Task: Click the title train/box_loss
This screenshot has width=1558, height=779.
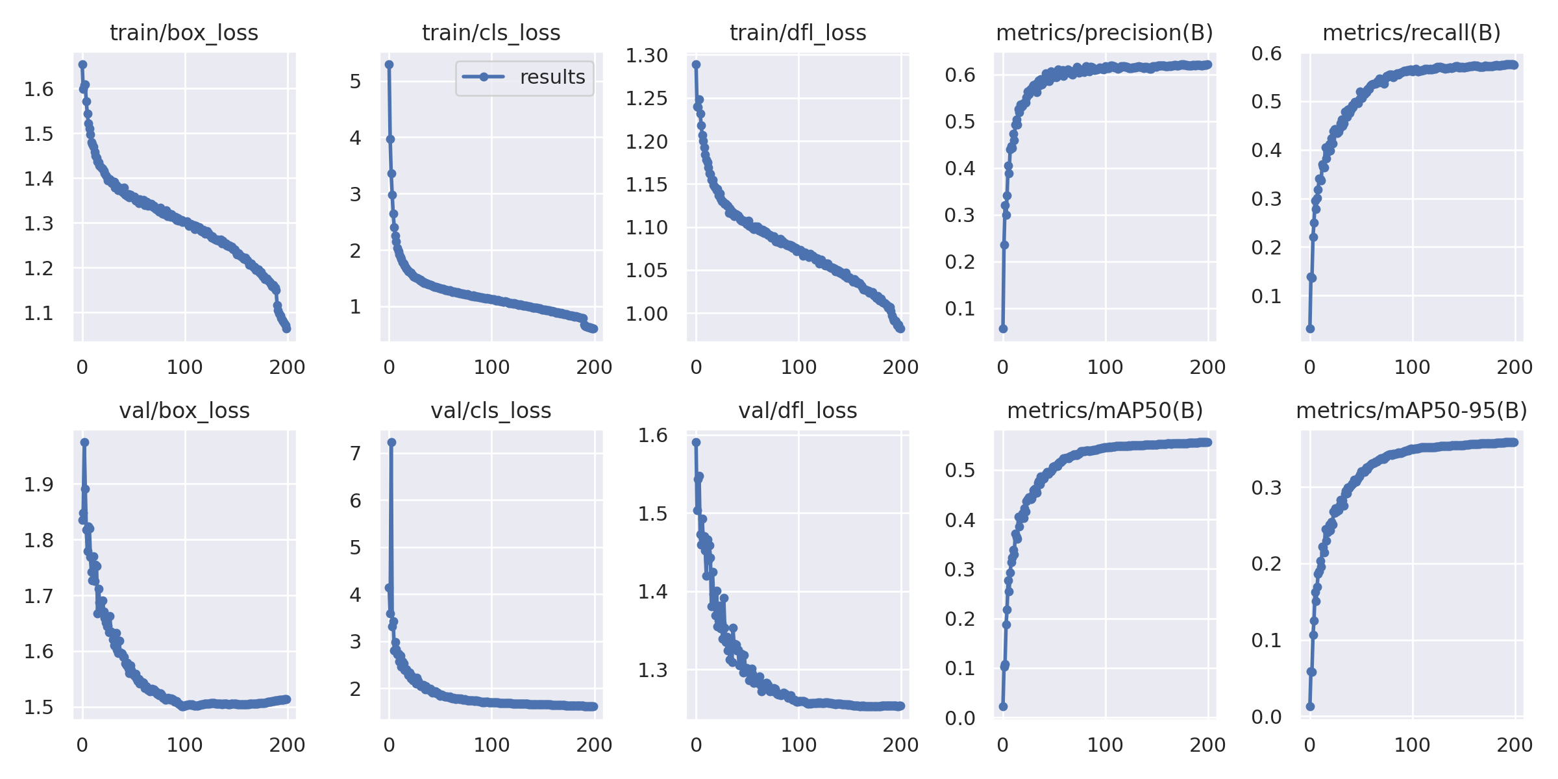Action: coord(184,32)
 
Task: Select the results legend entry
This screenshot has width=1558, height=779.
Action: coord(525,77)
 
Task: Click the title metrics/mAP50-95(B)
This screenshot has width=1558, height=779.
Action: coord(1411,410)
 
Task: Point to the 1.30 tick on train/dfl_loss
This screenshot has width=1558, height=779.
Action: coord(647,56)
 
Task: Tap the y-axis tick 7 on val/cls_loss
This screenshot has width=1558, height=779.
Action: coord(355,453)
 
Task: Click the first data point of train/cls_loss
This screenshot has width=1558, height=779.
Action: coord(389,64)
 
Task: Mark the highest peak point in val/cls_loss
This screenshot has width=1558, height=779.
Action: coord(391,442)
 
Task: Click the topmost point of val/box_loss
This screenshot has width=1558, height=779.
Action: coord(84,442)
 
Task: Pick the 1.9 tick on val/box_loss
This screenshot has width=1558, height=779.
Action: coord(38,484)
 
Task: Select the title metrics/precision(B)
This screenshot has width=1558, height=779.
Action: coord(1104,32)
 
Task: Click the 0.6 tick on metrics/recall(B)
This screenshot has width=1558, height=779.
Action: coord(1267,53)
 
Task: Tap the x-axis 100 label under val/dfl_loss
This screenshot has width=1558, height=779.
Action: coord(798,745)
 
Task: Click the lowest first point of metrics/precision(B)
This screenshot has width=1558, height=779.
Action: coord(1003,328)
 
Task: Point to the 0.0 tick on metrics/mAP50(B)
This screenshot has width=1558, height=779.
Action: coord(959,717)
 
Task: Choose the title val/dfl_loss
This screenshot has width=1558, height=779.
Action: coord(797,410)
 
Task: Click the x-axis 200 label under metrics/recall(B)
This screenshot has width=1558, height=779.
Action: coord(1514,367)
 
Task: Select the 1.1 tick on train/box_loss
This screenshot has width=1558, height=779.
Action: coord(38,314)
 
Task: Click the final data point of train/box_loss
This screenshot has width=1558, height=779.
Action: coord(286,328)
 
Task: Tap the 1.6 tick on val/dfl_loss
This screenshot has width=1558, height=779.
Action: coord(652,435)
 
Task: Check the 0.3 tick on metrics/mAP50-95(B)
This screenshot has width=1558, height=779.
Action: coord(1267,488)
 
